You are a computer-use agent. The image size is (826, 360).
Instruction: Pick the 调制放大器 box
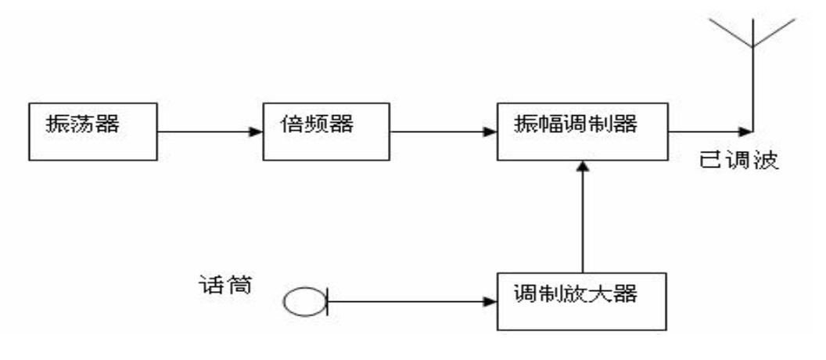[580, 301]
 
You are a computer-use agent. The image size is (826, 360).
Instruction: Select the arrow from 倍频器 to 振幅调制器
[444, 131]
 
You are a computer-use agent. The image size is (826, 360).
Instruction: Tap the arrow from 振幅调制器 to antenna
[709, 131]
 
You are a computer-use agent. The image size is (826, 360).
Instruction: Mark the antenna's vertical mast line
[752, 86]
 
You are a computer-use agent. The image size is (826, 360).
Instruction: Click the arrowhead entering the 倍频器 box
[256, 131]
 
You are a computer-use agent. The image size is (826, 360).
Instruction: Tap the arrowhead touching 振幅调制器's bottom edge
[581, 166]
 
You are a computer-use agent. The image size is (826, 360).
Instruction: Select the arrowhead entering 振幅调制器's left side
[491, 131]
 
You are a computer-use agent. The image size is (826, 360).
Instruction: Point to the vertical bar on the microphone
[326, 301]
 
